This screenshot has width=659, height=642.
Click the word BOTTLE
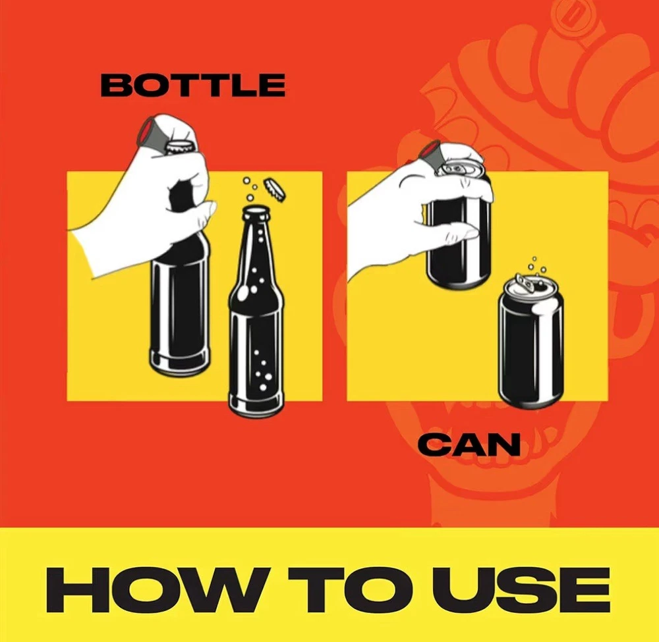[x=193, y=85]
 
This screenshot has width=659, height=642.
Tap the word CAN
[x=469, y=445]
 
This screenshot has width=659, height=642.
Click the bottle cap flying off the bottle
[x=274, y=188]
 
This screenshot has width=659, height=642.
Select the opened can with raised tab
[x=530, y=341]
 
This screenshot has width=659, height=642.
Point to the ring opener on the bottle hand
[x=152, y=134]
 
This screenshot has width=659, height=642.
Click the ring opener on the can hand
[x=431, y=154]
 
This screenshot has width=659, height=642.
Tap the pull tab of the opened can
[x=525, y=282]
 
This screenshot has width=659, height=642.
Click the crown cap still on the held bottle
[x=181, y=147]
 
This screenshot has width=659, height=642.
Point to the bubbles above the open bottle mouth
[x=250, y=190]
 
